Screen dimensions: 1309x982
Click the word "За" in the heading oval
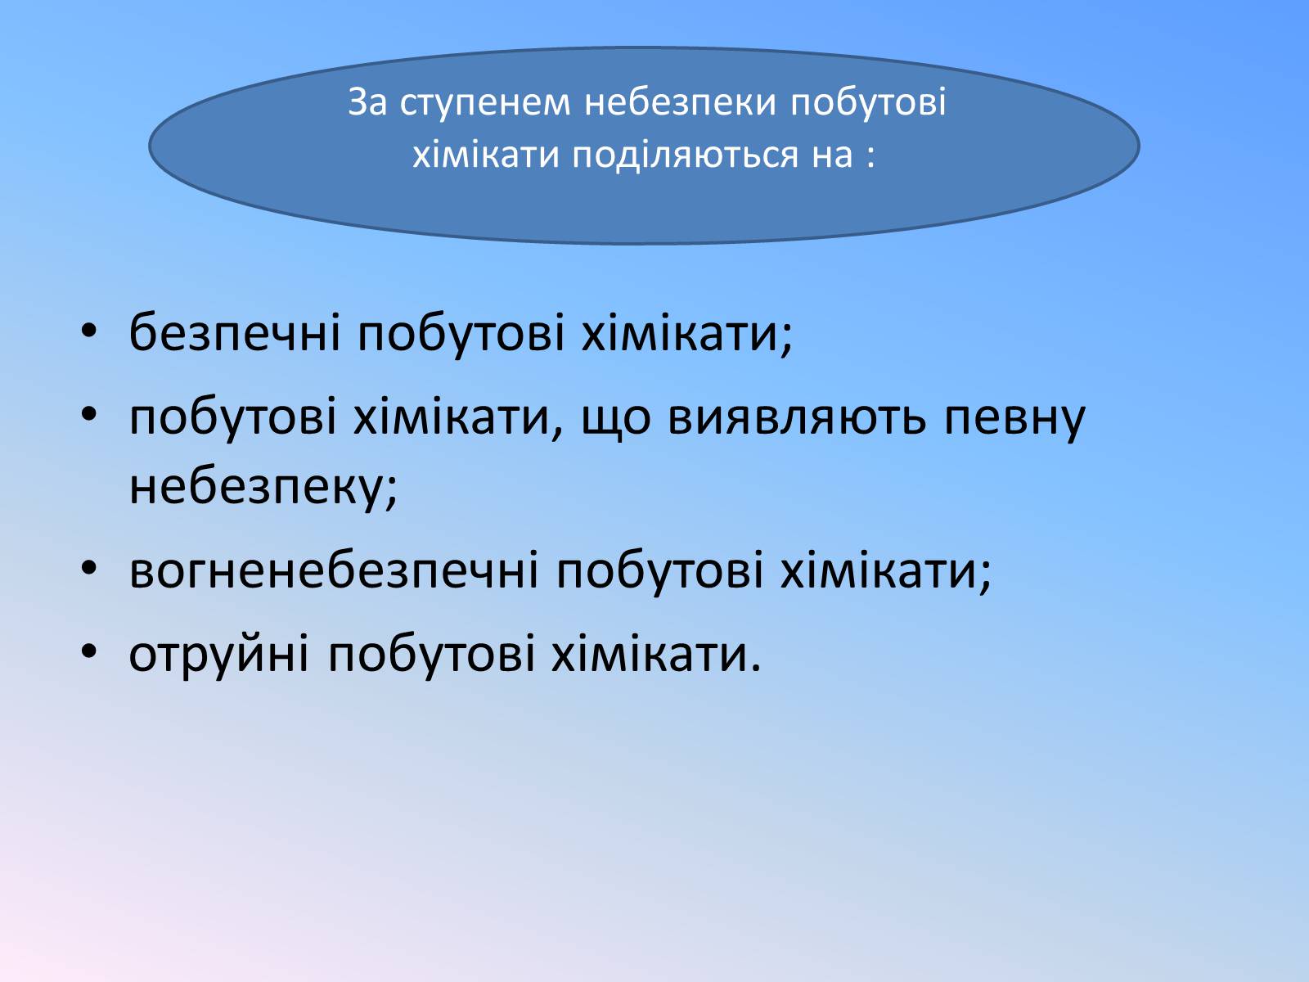pos(367,102)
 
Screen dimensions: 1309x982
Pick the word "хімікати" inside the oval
pos(486,155)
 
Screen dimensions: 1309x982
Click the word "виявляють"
pos(797,417)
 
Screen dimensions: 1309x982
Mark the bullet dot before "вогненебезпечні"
pos(88,569)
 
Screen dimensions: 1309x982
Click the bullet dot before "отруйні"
pos(88,651)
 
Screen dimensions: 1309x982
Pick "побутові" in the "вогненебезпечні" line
pos(659,570)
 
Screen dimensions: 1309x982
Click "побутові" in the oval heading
pos(868,102)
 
